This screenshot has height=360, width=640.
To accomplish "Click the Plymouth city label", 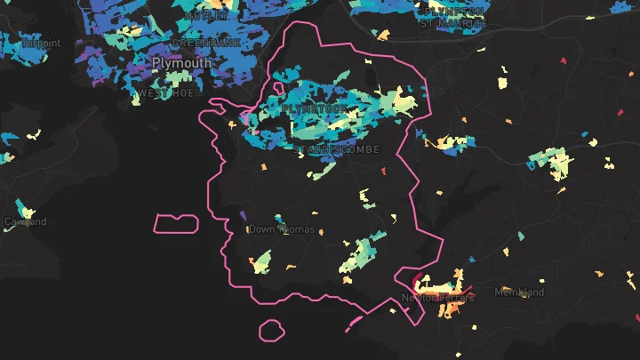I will [x=181, y=63].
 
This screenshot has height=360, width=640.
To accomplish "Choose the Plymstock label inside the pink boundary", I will [x=305, y=108].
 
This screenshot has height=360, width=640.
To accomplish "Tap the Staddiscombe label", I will [x=337, y=148].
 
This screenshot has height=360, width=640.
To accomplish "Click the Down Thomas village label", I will [x=281, y=229].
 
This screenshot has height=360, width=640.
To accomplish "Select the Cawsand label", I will [x=24, y=221].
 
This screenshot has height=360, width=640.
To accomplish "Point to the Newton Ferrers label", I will [x=438, y=298].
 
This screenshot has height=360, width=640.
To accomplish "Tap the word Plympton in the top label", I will [x=454, y=12].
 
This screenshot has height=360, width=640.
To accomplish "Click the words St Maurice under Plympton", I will [x=454, y=23].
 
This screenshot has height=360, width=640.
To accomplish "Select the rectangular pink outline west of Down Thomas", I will [x=176, y=223].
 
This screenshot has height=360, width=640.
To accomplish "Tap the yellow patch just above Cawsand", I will [x=29, y=211].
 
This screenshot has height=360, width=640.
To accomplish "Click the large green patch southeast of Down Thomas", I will [x=359, y=252].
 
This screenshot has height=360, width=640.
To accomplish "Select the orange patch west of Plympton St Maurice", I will [x=383, y=36].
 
